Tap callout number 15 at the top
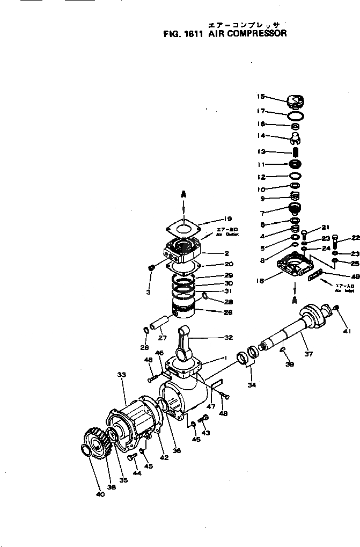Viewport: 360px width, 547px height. pos(261,97)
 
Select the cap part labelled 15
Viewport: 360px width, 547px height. pos(296,101)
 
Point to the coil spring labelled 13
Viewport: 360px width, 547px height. pos(295,152)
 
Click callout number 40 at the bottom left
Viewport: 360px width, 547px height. pos(100,494)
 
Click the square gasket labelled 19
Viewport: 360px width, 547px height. pos(183,228)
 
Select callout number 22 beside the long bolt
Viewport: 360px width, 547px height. pos(355,237)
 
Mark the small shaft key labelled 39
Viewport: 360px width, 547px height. pos(284,351)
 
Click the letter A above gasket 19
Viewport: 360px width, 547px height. pos(183,195)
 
